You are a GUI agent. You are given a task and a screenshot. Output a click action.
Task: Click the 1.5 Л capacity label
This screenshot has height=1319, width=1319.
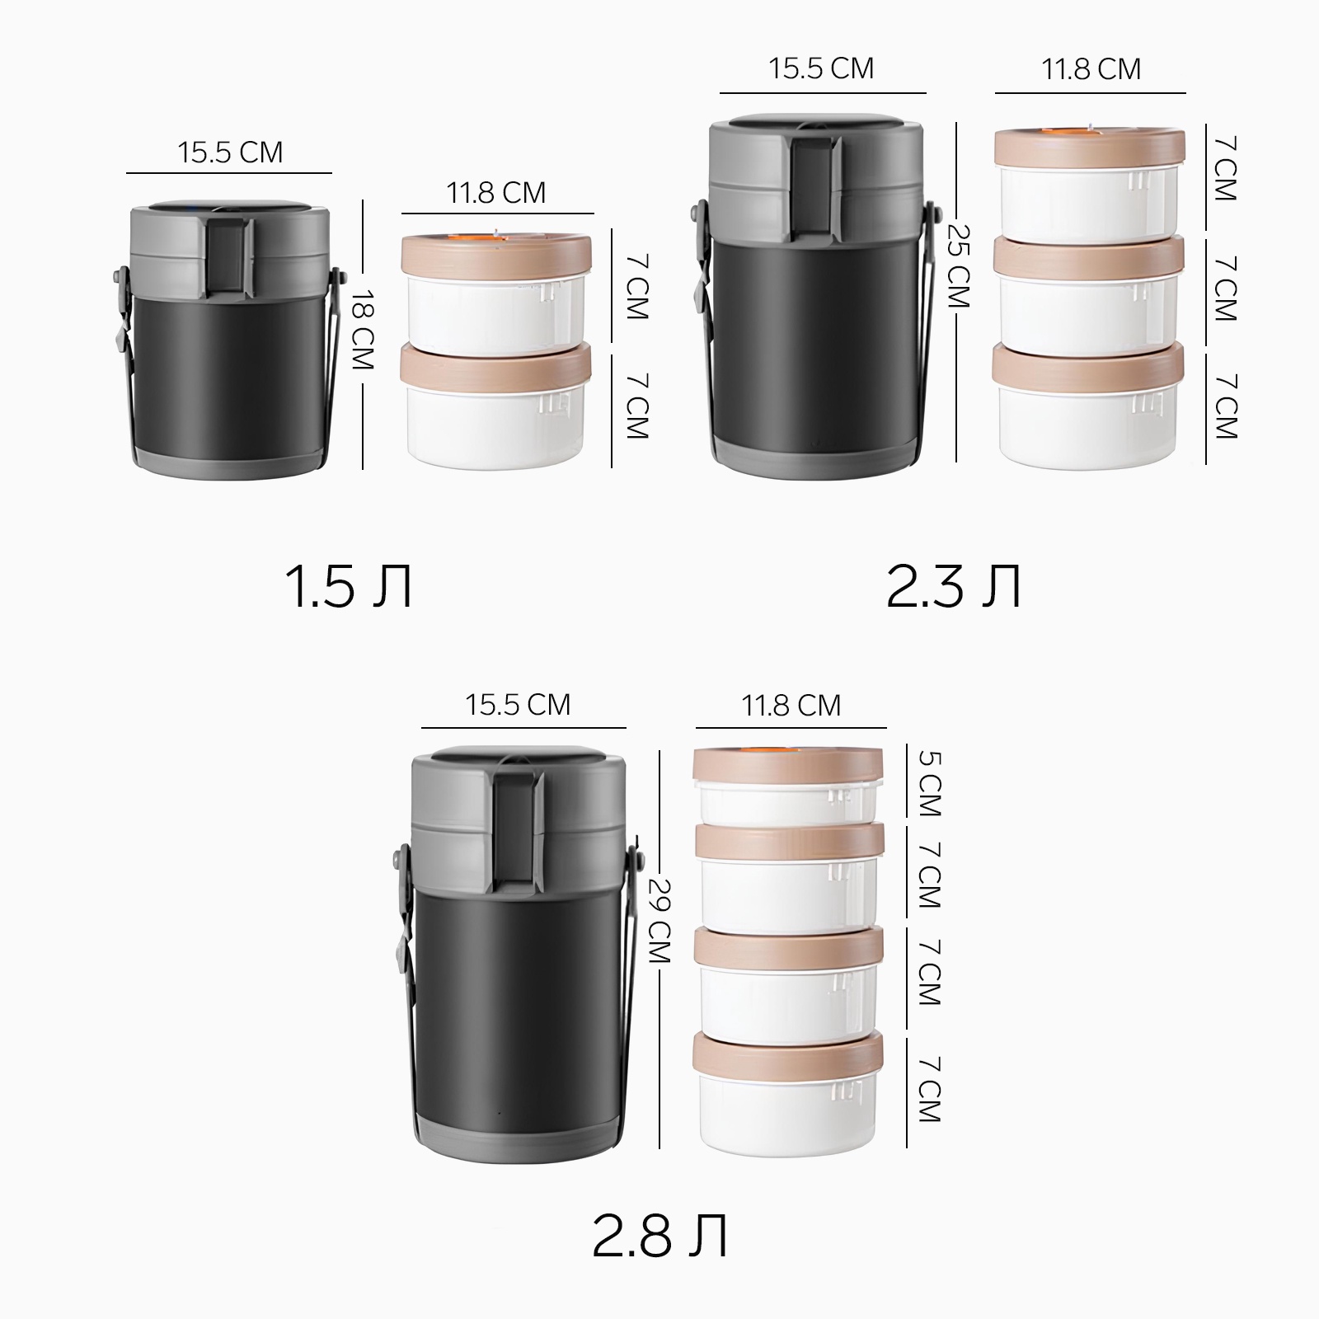pos(348,586)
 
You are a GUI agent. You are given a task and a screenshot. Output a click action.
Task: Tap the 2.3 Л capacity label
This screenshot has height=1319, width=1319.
pos(954,586)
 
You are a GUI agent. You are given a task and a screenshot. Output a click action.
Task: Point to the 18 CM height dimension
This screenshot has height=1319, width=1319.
pos(363,330)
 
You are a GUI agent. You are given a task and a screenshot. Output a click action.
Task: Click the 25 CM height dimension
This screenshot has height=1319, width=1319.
pos(958,266)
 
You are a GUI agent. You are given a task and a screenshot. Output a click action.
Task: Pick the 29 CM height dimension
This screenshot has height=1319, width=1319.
pos(660,920)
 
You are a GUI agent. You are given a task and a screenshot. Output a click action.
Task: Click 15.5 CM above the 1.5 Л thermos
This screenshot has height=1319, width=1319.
pos(230,153)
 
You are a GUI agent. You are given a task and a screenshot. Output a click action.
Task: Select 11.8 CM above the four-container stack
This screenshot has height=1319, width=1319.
pos(791,706)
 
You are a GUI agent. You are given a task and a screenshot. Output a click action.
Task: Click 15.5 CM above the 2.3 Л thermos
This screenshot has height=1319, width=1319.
pos(821,68)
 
